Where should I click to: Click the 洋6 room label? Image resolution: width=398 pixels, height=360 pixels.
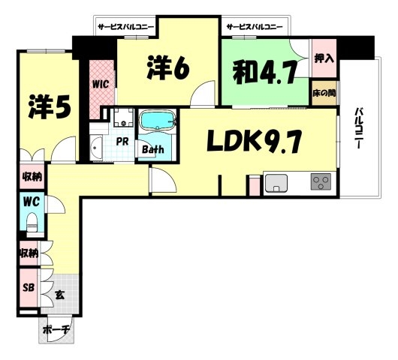(167, 67)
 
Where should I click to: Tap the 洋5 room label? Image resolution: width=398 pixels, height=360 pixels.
(50, 107)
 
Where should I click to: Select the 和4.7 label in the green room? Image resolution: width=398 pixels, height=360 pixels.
(265, 72)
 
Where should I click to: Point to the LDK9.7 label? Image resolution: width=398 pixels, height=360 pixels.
(255, 141)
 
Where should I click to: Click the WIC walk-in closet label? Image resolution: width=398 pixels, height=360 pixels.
(101, 84)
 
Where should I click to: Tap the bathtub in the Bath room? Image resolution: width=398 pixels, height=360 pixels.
(158, 121)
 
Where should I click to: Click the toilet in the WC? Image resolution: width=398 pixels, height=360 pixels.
(32, 222)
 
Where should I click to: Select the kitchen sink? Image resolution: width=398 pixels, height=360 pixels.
(276, 183)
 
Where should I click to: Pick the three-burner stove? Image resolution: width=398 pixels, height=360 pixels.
(321, 181)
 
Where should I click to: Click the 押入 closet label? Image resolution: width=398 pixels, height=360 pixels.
(324, 58)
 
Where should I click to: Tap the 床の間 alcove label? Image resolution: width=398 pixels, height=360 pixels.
(324, 93)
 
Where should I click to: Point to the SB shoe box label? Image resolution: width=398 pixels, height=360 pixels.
(29, 287)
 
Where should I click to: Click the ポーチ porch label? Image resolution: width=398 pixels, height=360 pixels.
(56, 330)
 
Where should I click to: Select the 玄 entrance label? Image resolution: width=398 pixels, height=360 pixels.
(60, 295)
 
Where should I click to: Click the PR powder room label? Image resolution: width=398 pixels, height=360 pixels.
(122, 142)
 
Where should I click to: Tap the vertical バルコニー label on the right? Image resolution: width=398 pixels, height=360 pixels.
(358, 128)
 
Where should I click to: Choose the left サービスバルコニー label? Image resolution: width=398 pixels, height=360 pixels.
(126, 26)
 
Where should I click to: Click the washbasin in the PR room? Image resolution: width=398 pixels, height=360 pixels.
(96, 148)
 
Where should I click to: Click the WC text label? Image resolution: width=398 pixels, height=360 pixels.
(32, 202)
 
